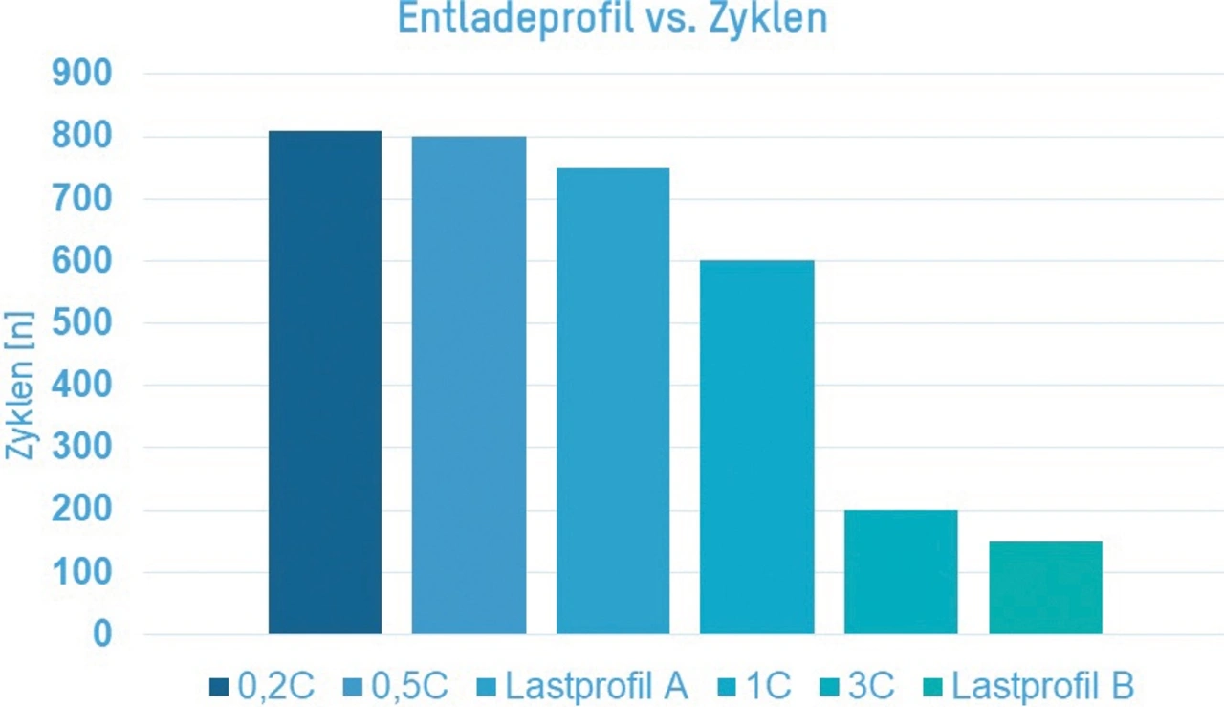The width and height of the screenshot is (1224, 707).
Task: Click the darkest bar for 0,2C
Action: pyautogui.click(x=325, y=383)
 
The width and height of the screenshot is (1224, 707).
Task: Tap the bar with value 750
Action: pyautogui.click(x=613, y=401)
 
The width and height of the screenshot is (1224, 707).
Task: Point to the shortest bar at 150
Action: pyautogui.click(x=1045, y=587)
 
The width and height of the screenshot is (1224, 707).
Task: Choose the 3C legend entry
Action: pyautogui.click(x=868, y=686)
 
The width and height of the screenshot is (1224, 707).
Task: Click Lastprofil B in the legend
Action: pyautogui.click(x=1043, y=686)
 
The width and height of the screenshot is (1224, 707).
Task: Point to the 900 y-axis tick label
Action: pyautogui.click(x=86, y=74)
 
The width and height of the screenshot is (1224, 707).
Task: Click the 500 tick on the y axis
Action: pyautogui.click(x=86, y=323)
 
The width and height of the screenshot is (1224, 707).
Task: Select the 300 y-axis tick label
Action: pyautogui.click(x=86, y=448)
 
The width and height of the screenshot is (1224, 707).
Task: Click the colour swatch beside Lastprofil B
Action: pyautogui.click(x=933, y=686)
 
